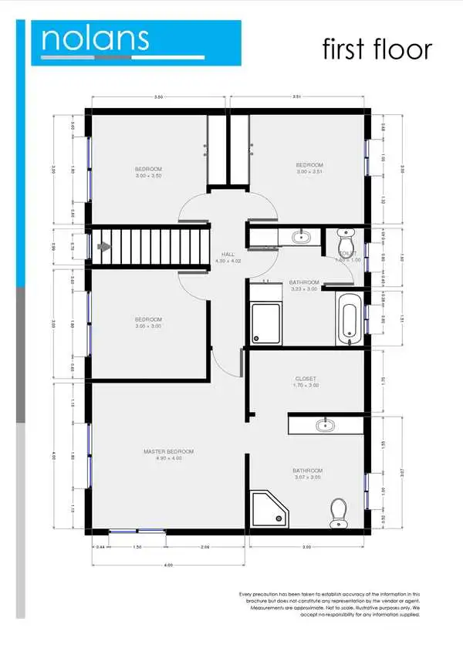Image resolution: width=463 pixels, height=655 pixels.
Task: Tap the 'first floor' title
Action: [377, 49]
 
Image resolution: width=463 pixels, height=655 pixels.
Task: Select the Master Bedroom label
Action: [168, 454]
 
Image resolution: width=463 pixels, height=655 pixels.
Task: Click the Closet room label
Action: [306, 381]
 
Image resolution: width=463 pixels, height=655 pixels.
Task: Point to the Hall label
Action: [227, 257]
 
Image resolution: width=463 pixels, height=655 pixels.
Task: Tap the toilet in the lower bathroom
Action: [338, 513]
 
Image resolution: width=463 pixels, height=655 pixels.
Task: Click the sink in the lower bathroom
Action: [325, 425]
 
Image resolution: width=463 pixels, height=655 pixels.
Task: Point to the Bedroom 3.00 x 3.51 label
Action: [309, 168]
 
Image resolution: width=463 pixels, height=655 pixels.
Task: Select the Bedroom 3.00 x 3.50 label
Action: [148, 172]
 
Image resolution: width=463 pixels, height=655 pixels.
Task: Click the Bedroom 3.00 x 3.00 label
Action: [148, 322]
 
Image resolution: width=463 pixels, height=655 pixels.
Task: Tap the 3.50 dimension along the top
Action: [158, 98]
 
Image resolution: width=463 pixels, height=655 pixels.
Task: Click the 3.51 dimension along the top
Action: [296, 98]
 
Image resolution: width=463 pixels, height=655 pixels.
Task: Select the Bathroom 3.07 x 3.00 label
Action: [307, 474]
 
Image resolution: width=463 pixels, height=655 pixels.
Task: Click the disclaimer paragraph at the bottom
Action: [330, 604]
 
